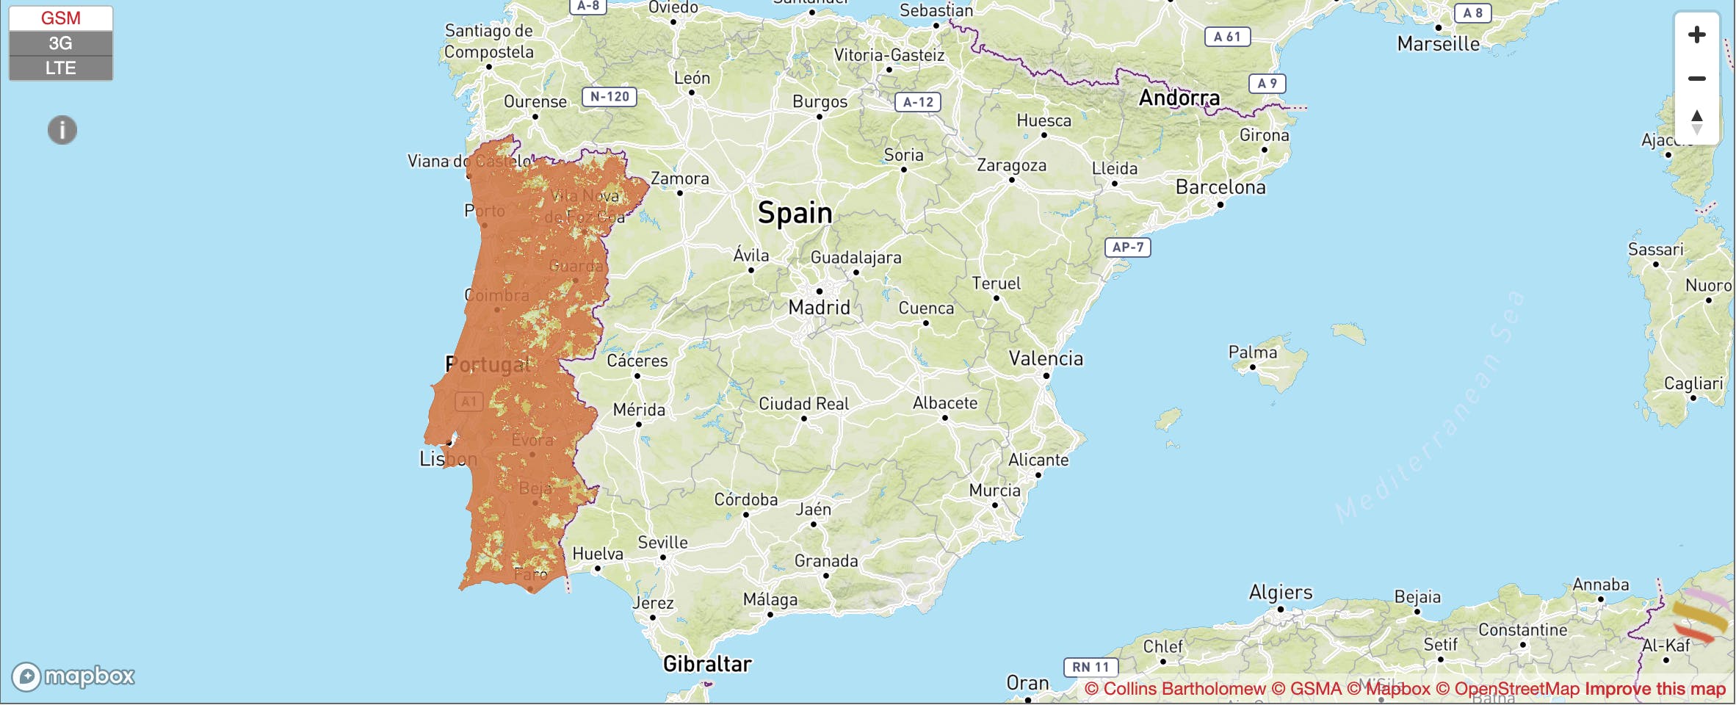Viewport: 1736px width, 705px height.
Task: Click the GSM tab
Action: (60, 18)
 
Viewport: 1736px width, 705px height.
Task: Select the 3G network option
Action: (60, 43)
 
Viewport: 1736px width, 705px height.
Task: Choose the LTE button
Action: (60, 68)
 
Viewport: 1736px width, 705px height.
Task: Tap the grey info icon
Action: (62, 130)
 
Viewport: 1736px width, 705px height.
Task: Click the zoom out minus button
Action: (1696, 79)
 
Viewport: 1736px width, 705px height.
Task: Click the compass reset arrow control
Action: (1696, 121)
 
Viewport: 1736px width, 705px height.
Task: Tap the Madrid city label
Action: (819, 307)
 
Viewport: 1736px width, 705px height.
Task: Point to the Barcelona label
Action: (1220, 187)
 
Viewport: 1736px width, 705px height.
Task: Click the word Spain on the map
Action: (795, 213)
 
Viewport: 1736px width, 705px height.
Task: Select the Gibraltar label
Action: (707, 664)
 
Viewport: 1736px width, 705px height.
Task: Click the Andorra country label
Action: (1179, 98)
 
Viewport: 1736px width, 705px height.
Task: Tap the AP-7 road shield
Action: (1127, 247)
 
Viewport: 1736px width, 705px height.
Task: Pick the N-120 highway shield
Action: (609, 96)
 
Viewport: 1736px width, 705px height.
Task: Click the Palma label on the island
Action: (1252, 352)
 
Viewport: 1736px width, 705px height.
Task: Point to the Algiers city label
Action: (1280, 592)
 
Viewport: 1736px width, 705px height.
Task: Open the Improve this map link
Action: (1654, 689)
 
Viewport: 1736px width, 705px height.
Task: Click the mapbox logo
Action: (73, 676)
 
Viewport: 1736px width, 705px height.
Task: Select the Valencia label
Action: (1046, 358)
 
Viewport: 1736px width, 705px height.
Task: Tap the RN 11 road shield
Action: (1091, 667)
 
